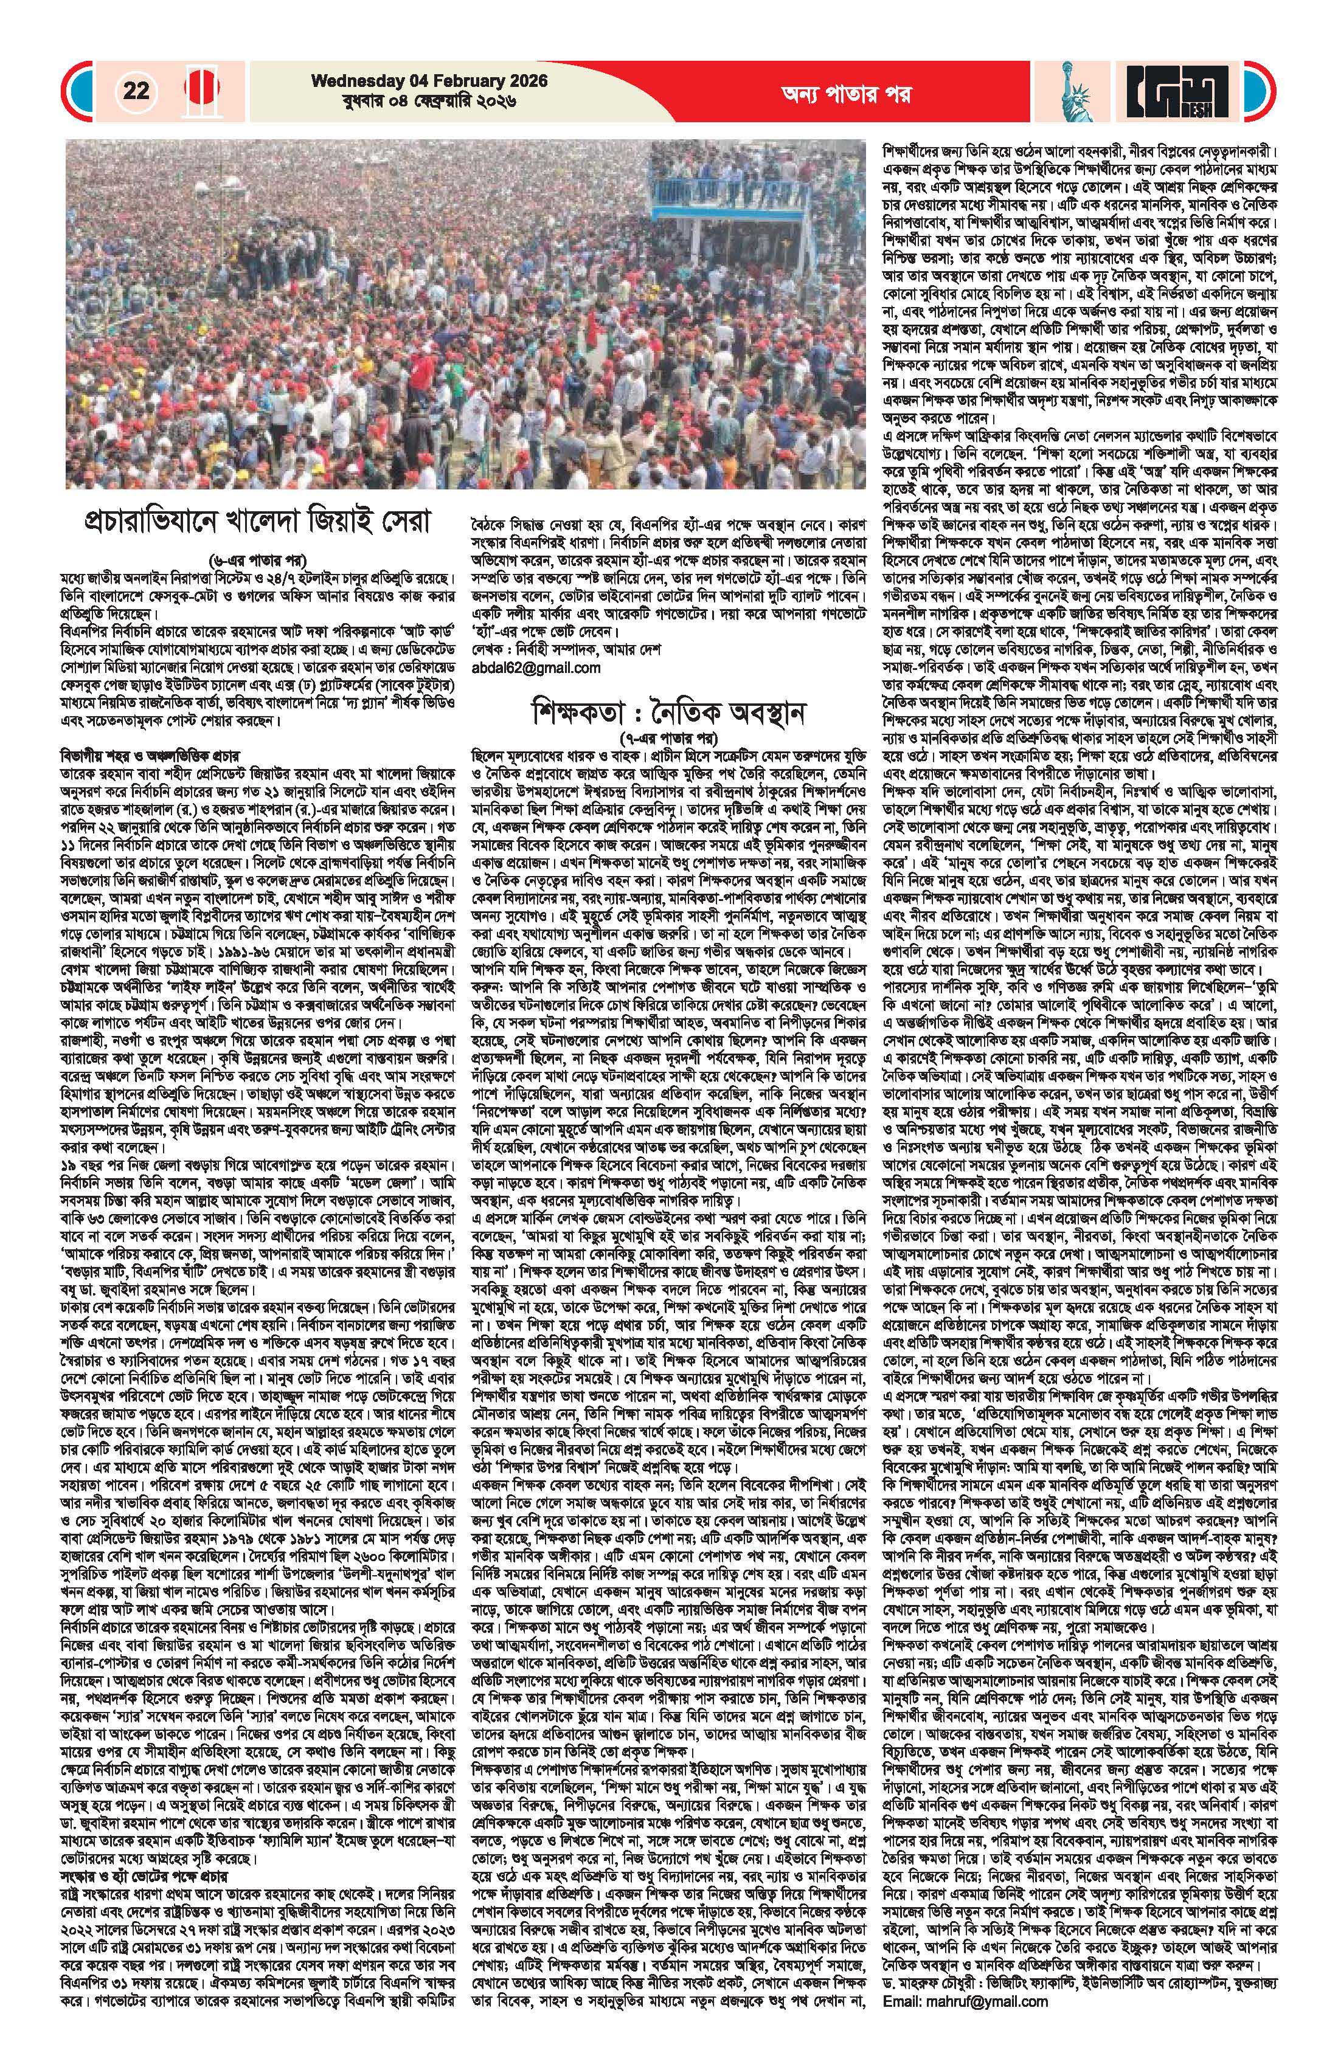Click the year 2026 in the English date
point(523,81)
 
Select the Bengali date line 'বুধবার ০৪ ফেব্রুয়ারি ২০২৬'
point(429,101)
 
